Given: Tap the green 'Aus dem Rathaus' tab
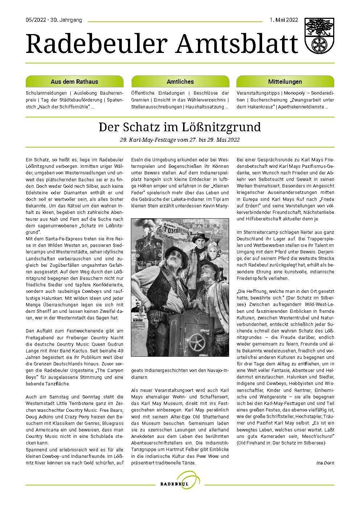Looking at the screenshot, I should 74,82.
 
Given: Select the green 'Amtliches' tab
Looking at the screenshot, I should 180,82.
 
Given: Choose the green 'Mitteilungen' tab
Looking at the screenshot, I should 285,82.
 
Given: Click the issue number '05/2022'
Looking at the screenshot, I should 36,20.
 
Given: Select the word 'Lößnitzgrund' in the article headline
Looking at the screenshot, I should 227,127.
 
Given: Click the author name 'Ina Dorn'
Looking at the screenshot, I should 325,463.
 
